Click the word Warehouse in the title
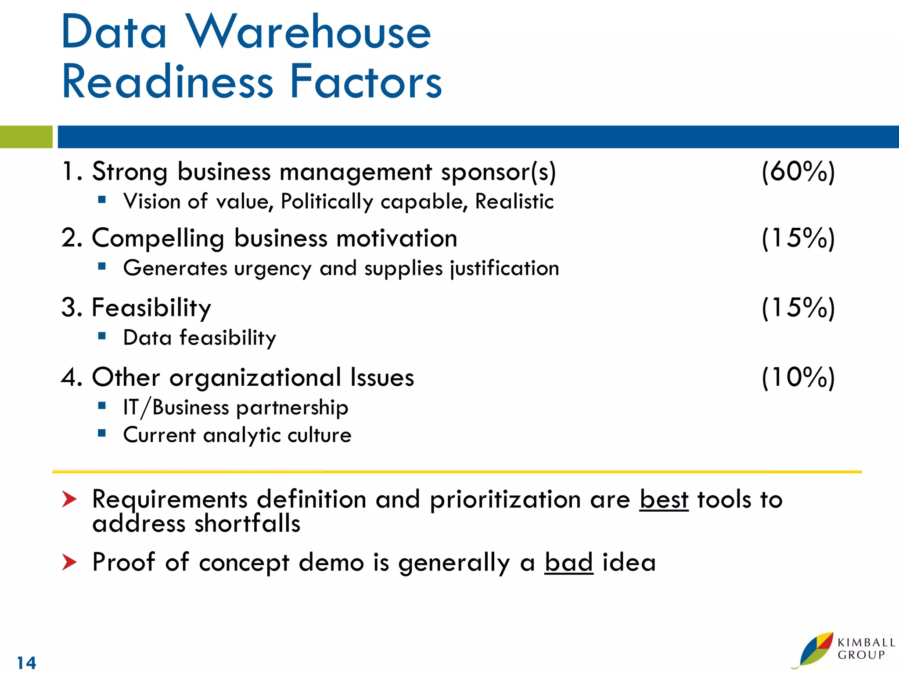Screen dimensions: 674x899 (308, 32)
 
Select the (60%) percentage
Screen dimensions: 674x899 (798, 172)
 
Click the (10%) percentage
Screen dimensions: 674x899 (798, 377)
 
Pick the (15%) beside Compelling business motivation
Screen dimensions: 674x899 (798, 238)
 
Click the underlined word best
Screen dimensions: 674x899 (664, 499)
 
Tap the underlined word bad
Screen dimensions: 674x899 (568, 562)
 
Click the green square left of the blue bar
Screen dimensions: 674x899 (26, 137)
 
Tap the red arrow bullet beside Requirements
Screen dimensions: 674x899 (69, 499)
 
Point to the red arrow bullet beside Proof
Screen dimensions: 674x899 (69, 562)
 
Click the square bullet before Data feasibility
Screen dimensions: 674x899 (102, 337)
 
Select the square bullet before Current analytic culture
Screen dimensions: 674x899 (102, 434)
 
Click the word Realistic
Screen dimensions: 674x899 (514, 202)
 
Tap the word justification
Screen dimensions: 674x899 (505, 269)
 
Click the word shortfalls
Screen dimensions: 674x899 (247, 524)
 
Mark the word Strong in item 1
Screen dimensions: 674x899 (129, 172)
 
